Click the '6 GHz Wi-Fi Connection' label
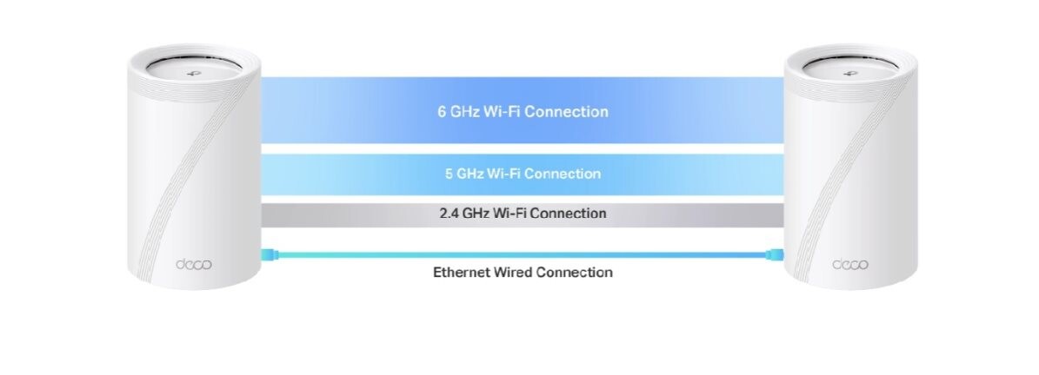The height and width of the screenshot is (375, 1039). pyautogui.click(x=523, y=112)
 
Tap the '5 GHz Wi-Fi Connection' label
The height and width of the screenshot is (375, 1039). pyautogui.click(x=523, y=174)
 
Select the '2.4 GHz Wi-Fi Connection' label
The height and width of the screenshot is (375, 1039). pyautogui.click(x=523, y=213)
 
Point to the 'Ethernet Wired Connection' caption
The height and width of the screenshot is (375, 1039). pyautogui.click(x=523, y=273)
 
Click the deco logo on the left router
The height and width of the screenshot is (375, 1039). pyautogui.click(x=194, y=264)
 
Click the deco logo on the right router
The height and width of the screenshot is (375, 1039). pyautogui.click(x=850, y=264)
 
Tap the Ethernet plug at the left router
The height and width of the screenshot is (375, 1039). pyautogui.click(x=269, y=254)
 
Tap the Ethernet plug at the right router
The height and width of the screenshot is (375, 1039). pyautogui.click(x=775, y=254)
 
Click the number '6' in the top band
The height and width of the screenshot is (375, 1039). pyautogui.click(x=442, y=112)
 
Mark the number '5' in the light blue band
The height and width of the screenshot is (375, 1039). pyautogui.click(x=449, y=174)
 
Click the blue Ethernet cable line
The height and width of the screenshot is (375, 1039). pyautogui.click(x=522, y=254)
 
